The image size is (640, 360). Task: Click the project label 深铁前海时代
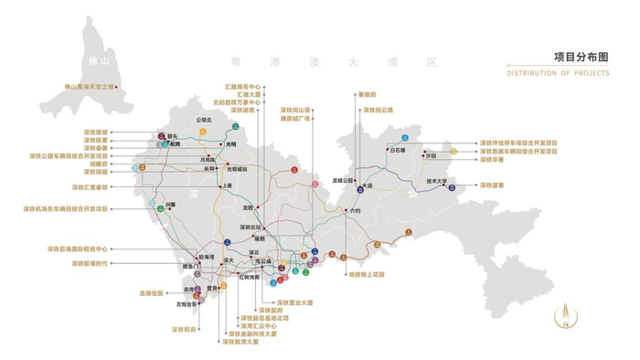point(90,263)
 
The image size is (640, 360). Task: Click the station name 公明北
point(203,120)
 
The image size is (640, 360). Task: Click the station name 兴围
point(171,205)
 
